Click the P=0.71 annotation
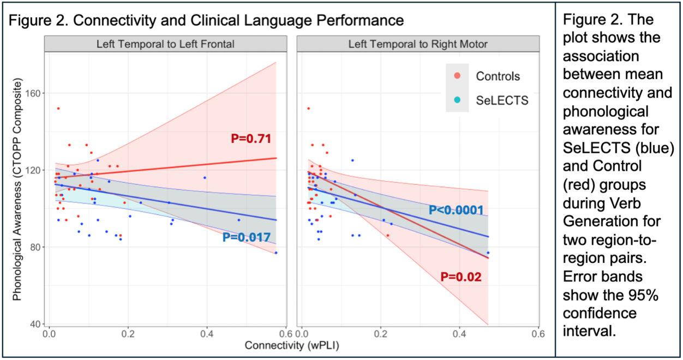251,139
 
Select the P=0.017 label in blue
247,237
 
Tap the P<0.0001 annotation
456,209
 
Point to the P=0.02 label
461,277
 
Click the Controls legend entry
498,76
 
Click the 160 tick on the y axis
36,93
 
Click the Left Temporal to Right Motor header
418,44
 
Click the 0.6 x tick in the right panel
537,333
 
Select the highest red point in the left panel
58,109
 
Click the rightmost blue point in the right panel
488,253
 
